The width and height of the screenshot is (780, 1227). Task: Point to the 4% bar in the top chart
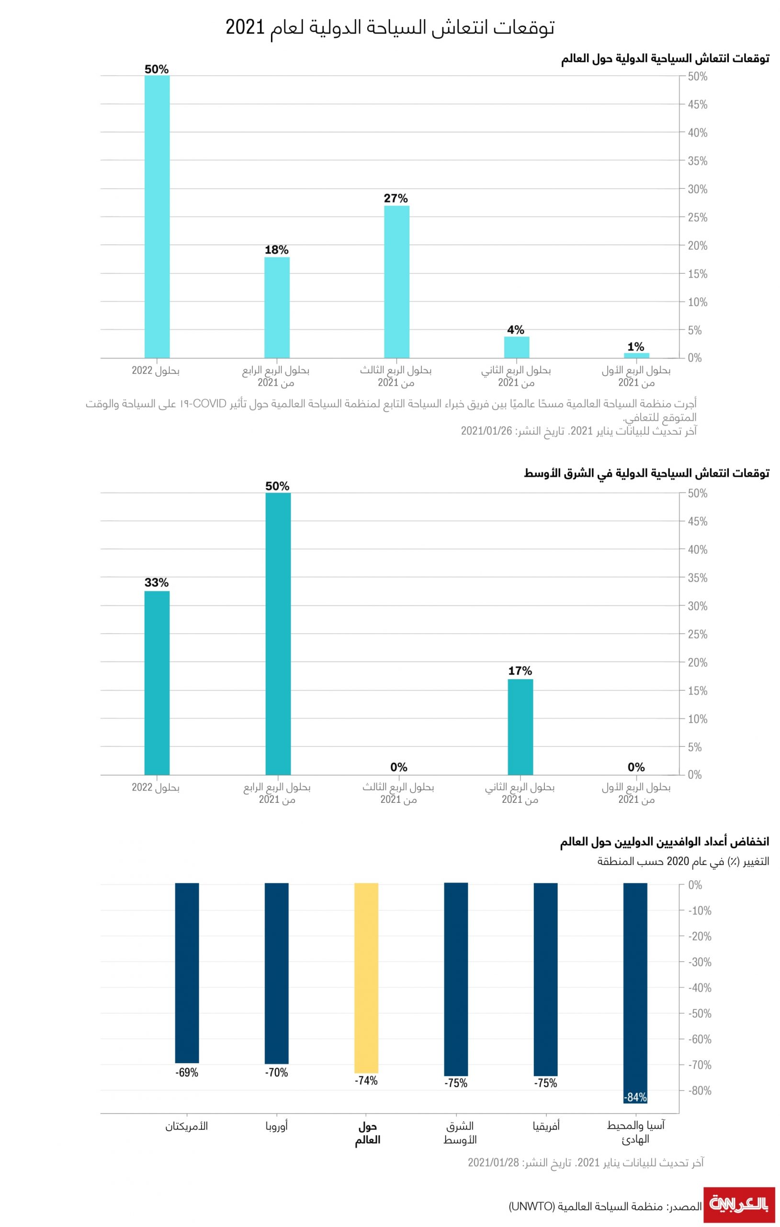[x=516, y=347]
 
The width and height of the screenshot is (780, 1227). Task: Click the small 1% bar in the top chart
[x=636, y=355]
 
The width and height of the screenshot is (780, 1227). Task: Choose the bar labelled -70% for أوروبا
[x=276, y=973]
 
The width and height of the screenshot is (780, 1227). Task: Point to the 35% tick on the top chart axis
[x=697, y=161]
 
